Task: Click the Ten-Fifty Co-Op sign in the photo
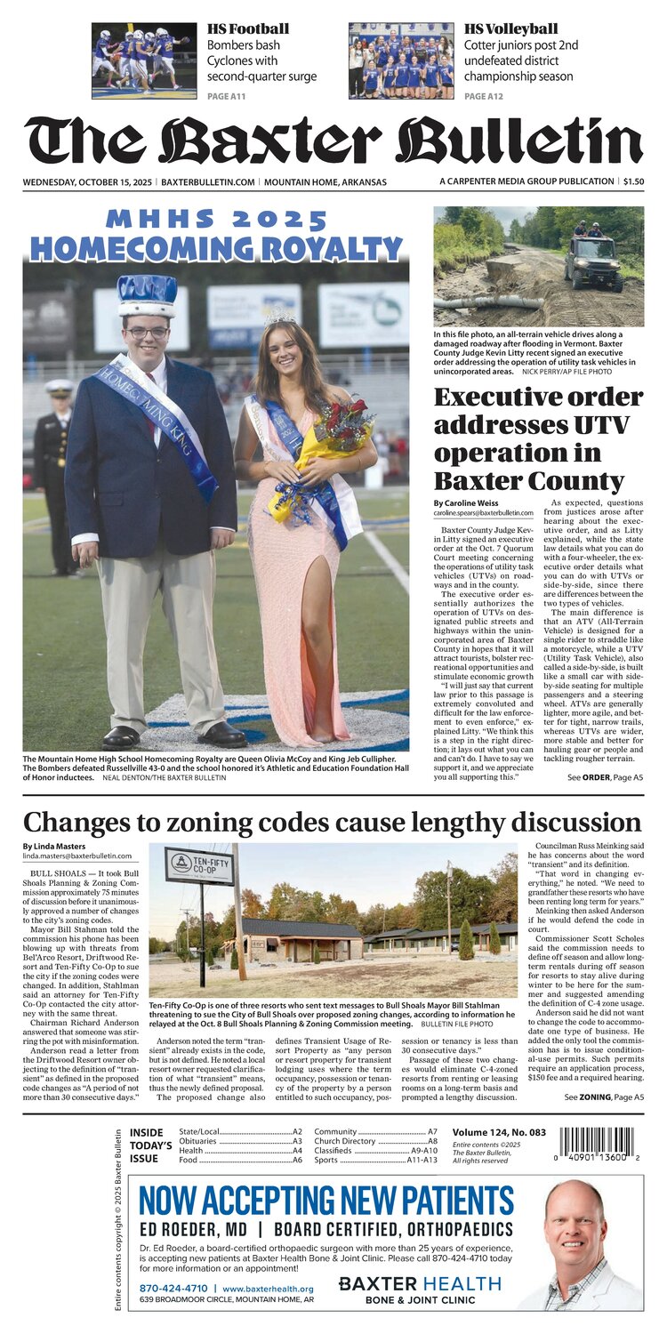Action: tap(200, 865)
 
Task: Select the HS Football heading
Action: tap(248, 29)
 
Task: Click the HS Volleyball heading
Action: tap(511, 29)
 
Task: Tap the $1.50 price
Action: tap(633, 181)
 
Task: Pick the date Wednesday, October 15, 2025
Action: tap(87, 181)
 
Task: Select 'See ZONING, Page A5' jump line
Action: tap(604, 1097)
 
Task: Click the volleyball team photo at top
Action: tap(401, 60)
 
